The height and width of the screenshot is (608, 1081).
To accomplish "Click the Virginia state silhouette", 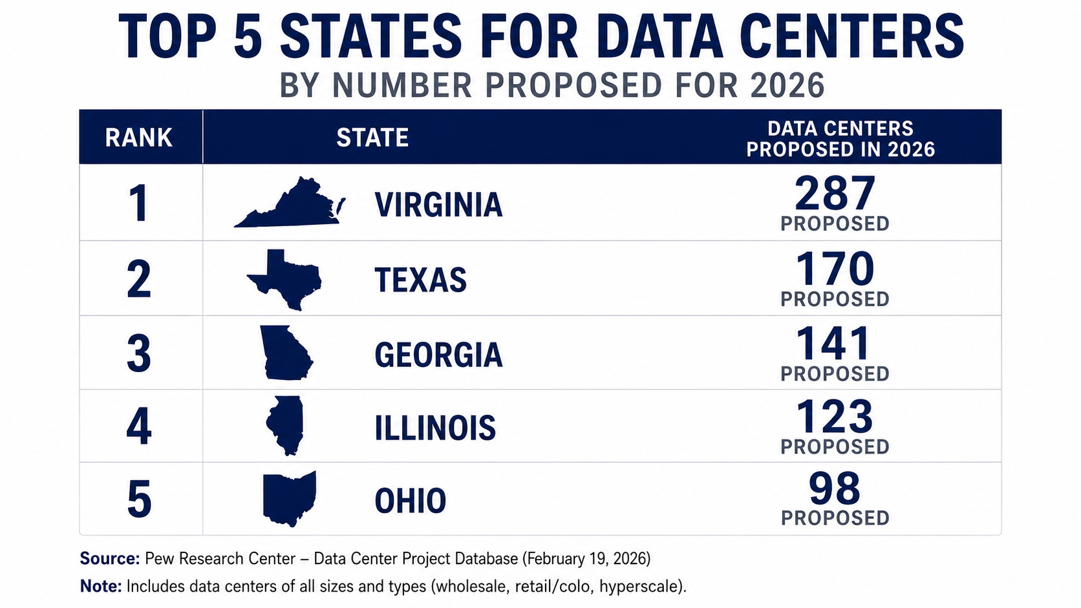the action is pos(294,207).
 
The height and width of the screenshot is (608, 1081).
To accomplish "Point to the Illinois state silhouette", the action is pos(285,425).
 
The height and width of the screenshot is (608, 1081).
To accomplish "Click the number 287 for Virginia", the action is pos(835,193).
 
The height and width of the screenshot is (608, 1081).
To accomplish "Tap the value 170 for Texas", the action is pos(835,269).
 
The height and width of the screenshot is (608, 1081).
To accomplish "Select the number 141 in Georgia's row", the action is pos(833,343).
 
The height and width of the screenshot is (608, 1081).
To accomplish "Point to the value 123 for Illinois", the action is pos(835,417).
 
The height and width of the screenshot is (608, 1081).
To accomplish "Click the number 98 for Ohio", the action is pos(835,488).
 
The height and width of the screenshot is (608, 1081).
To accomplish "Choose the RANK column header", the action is pos(139,138).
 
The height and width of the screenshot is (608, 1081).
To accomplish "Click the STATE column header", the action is pos(372,138).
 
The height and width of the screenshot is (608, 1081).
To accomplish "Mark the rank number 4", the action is pos(139,426).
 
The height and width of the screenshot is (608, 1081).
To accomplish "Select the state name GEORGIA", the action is pos(439,355).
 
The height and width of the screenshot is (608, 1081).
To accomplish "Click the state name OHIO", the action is pos(411,501).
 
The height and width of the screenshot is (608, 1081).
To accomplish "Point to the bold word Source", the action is pos(110,558).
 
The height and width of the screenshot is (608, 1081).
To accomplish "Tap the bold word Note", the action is pos(101,586).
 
